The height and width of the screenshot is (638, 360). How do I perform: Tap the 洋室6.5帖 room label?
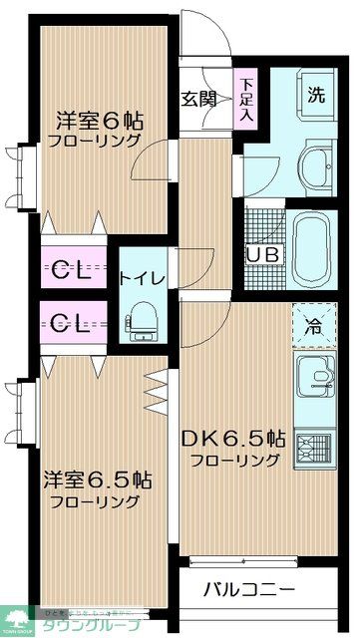click(x=97, y=478)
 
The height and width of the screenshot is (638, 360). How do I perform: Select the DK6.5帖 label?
click(x=235, y=438)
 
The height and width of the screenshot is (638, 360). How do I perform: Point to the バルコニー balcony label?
click(x=249, y=587)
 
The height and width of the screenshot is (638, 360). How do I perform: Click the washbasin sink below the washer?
click(x=317, y=163)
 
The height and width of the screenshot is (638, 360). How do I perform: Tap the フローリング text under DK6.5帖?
click(x=235, y=460)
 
